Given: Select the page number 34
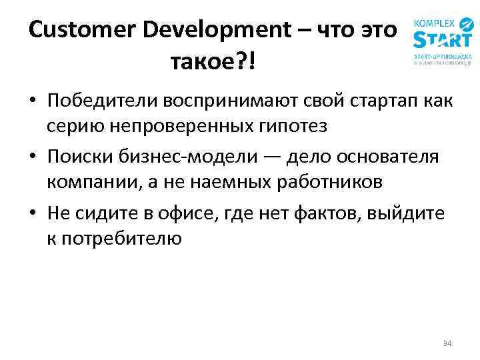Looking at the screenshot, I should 447,343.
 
